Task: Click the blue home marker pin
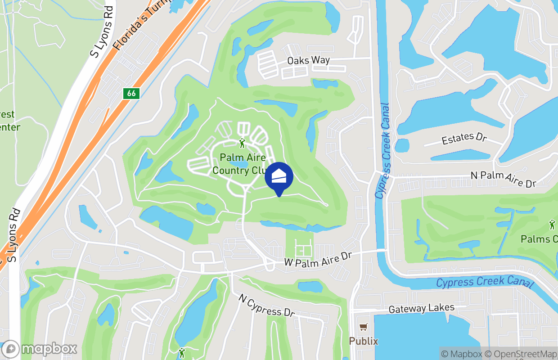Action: click(279, 177)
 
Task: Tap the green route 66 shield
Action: click(131, 93)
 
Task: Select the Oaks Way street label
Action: click(309, 60)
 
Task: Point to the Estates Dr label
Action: click(464, 139)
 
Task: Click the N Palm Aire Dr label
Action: click(504, 179)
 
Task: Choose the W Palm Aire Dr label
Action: click(317, 259)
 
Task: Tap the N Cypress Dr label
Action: click(266, 306)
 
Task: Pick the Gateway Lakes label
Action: click(421, 308)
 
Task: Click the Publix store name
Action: click(364, 341)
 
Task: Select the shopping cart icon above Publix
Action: click(363, 327)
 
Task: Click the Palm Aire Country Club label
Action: click(239, 164)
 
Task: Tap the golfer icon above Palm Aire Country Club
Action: click(243, 143)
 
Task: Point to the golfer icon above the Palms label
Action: click(552, 224)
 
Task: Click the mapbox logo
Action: click(39, 349)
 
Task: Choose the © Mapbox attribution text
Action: click(461, 354)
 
